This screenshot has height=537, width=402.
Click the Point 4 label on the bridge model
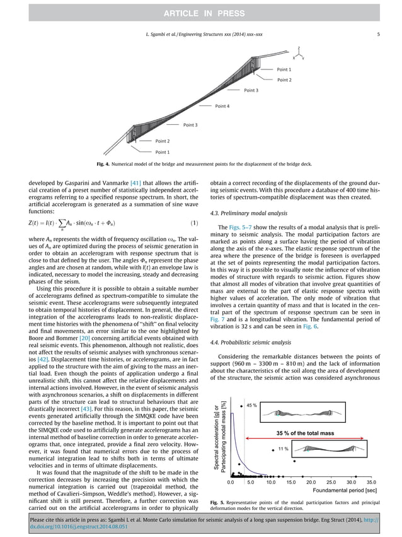coord(223,106)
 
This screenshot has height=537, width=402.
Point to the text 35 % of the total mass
coord(304,432)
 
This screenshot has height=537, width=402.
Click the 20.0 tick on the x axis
coord(311,481)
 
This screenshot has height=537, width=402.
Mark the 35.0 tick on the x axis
coord(370,481)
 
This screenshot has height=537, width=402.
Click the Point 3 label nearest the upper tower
coord(251,91)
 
